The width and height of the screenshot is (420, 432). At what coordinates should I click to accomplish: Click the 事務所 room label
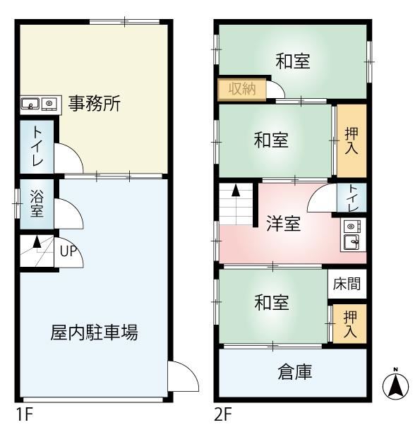(x=95, y=103)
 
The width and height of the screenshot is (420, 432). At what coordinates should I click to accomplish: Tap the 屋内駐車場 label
(x=94, y=332)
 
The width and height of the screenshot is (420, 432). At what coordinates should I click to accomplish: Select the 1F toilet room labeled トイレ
(x=37, y=147)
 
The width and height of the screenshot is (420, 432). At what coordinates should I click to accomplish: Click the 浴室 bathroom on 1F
(x=37, y=204)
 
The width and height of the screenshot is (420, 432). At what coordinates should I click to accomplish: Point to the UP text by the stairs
(x=68, y=251)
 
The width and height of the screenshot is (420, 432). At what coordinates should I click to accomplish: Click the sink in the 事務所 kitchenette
(x=30, y=104)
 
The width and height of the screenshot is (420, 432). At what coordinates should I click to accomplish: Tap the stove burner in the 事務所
(x=49, y=104)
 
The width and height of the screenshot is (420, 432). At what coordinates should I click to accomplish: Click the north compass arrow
(x=396, y=384)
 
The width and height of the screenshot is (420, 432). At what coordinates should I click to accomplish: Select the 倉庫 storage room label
(x=294, y=372)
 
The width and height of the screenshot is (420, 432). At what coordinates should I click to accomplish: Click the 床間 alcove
(x=347, y=284)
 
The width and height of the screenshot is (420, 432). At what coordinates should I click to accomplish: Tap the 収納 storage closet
(x=242, y=89)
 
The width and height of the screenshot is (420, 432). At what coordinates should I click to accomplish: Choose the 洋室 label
(x=283, y=223)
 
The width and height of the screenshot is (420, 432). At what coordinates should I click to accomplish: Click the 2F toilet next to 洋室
(x=352, y=198)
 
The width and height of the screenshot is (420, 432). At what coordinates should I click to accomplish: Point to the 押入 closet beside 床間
(x=349, y=324)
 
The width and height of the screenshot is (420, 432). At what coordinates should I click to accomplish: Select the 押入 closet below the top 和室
(x=352, y=140)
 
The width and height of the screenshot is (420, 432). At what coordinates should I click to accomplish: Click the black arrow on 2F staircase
(x=236, y=191)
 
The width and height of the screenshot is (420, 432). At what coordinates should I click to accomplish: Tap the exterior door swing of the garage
(x=184, y=376)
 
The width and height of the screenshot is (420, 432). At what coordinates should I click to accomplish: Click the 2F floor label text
(x=223, y=414)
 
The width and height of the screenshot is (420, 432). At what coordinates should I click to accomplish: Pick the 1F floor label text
(x=25, y=414)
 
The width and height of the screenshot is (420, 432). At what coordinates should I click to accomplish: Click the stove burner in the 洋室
(x=351, y=227)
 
